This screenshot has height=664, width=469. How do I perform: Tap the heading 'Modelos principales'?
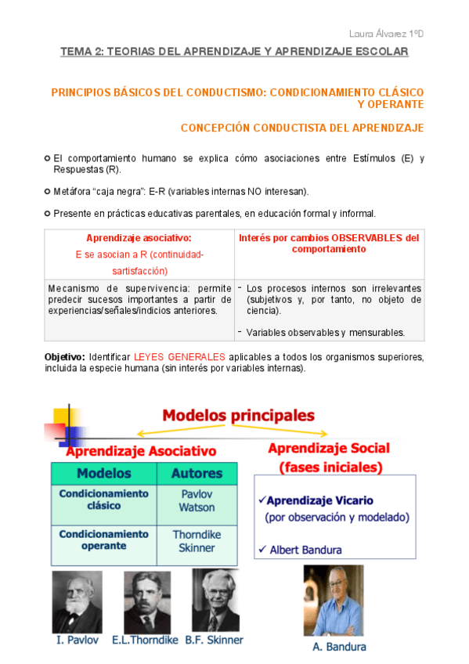coord(239,415)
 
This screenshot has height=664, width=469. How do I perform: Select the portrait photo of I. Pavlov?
coord(77,601)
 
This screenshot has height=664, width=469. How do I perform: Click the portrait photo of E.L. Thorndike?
coord(147,601)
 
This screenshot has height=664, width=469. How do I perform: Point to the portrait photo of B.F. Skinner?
coord(215,600)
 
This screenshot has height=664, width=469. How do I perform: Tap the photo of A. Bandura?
coord(334,600)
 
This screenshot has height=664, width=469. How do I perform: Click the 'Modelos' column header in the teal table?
coord(104,473)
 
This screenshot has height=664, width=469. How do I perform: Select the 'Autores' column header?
coord(197,473)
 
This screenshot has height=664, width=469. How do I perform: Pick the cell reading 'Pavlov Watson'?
coord(197,500)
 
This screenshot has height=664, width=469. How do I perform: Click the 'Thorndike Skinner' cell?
coord(197,541)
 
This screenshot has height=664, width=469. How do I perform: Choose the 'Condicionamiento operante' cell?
coord(104,540)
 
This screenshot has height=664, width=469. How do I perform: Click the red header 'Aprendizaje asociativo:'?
coord(139,238)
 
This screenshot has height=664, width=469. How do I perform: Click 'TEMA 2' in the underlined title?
coord(80,52)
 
